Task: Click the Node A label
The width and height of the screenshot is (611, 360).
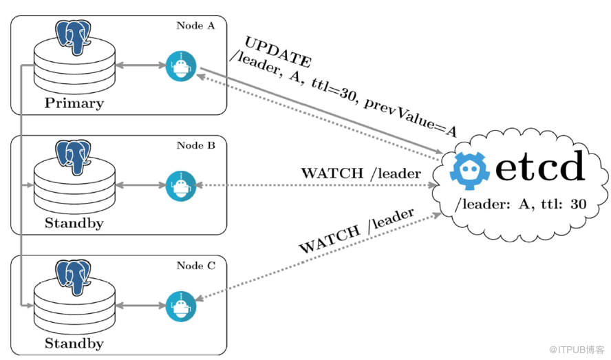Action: pyautogui.click(x=195, y=26)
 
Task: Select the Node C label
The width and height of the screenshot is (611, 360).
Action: pyautogui.click(x=195, y=266)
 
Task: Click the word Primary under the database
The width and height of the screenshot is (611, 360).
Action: pyautogui.click(x=74, y=104)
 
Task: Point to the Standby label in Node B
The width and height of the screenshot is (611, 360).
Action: pyautogui.click(x=74, y=223)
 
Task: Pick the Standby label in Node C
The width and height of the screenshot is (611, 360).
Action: pyautogui.click(x=74, y=343)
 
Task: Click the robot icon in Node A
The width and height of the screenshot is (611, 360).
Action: pyautogui.click(x=181, y=66)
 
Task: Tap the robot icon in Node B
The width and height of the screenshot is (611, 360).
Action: pyautogui.click(x=181, y=185)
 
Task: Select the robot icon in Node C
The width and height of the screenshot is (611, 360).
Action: pyautogui.click(x=181, y=305)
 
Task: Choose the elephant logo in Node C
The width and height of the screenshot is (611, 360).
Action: pyautogui.click(x=75, y=274)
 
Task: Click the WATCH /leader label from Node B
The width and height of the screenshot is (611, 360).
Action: pyautogui.click(x=361, y=173)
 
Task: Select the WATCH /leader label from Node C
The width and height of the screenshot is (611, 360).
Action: pyautogui.click(x=356, y=232)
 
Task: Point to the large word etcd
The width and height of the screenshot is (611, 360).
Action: pyautogui.click(x=540, y=167)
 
